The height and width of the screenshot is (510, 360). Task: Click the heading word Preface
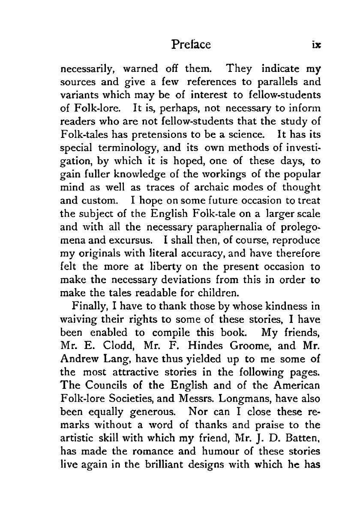tap(190, 45)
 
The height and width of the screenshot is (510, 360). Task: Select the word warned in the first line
tap(140, 68)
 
